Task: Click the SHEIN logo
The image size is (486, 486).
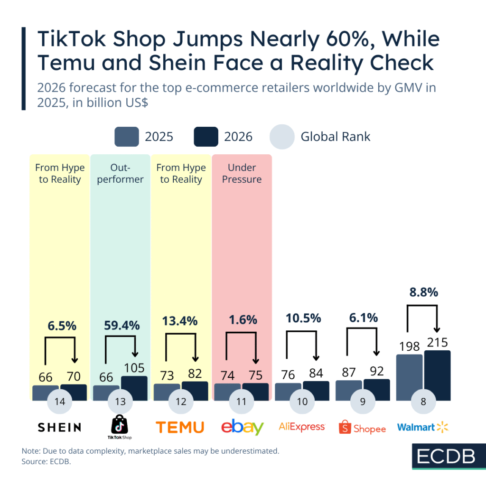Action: coord(59,428)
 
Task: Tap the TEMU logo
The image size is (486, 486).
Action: coord(180,427)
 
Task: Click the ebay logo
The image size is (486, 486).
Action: coord(242,427)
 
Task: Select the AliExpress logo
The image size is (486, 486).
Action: coord(302,427)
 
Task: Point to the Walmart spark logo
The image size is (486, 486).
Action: coord(442,427)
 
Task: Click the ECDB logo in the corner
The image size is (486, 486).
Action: coord(439,456)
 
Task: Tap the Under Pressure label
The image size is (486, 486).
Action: coord(242,173)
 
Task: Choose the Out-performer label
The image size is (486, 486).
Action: coord(120,173)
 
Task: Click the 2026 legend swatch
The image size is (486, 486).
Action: coord(206,137)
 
